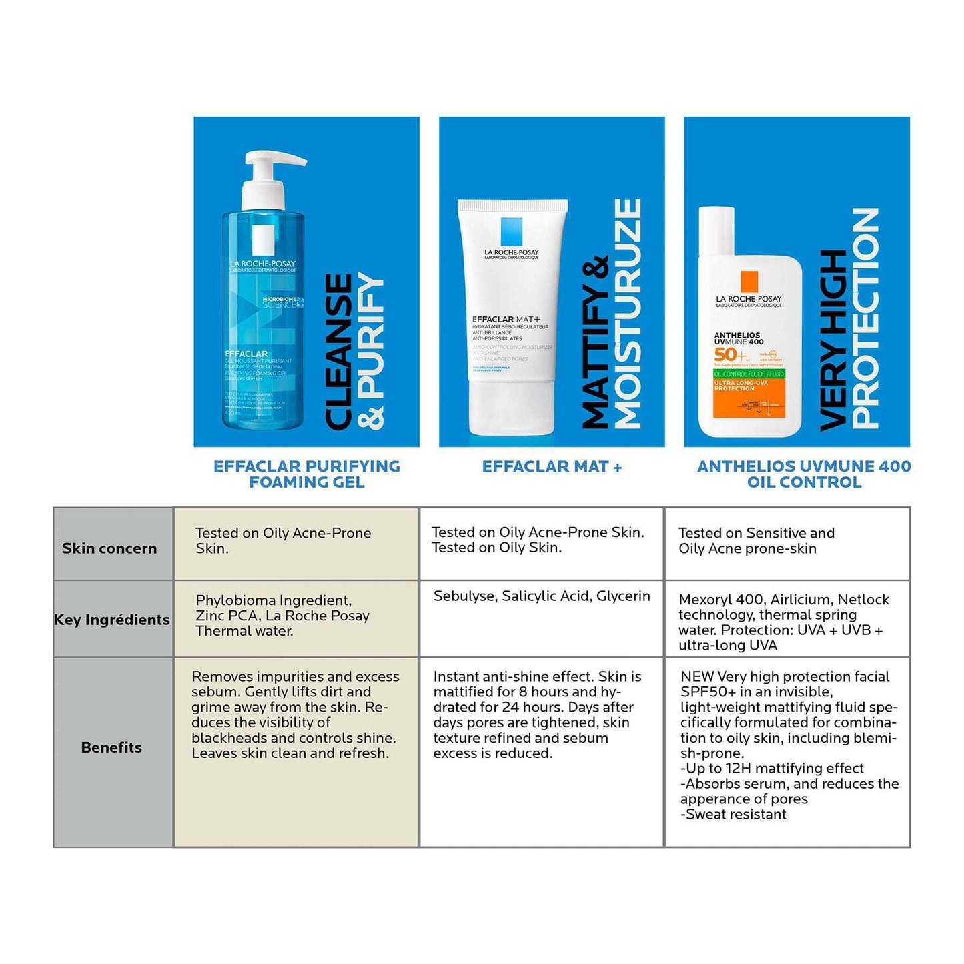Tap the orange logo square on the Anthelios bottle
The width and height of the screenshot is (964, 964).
pyautogui.click(x=749, y=281)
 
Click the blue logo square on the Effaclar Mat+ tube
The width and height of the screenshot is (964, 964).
pyautogui.click(x=512, y=231)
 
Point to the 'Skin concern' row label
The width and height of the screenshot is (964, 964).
pyautogui.click(x=109, y=548)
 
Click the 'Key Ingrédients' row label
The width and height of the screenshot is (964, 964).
pyautogui.click(x=111, y=620)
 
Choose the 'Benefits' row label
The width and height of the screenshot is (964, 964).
pyautogui.click(x=111, y=747)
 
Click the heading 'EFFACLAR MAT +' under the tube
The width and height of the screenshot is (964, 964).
pyautogui.click(x=552, y=467)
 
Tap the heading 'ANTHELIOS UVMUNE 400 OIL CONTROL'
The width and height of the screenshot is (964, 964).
pyautogui.click(x=804, y=474)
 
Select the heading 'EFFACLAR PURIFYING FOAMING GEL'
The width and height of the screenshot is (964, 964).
pyautogui.click(x=307, y=474)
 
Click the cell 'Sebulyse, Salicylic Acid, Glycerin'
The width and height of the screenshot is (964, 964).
pyautogui.click(x=542, y=596)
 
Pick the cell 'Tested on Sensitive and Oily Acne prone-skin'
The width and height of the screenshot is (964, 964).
pyautogui.click(x=756, y=541)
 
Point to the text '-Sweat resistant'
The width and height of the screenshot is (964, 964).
pyautogui.click(x=733, y=814)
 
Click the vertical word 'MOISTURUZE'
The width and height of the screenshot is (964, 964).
pyautogui.click(x=628, y=314)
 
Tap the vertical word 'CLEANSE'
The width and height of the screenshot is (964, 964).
pyautogui.click(x=339, y=352)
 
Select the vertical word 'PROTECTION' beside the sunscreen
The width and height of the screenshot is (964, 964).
pyautogui.click(x=866, y=318)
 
